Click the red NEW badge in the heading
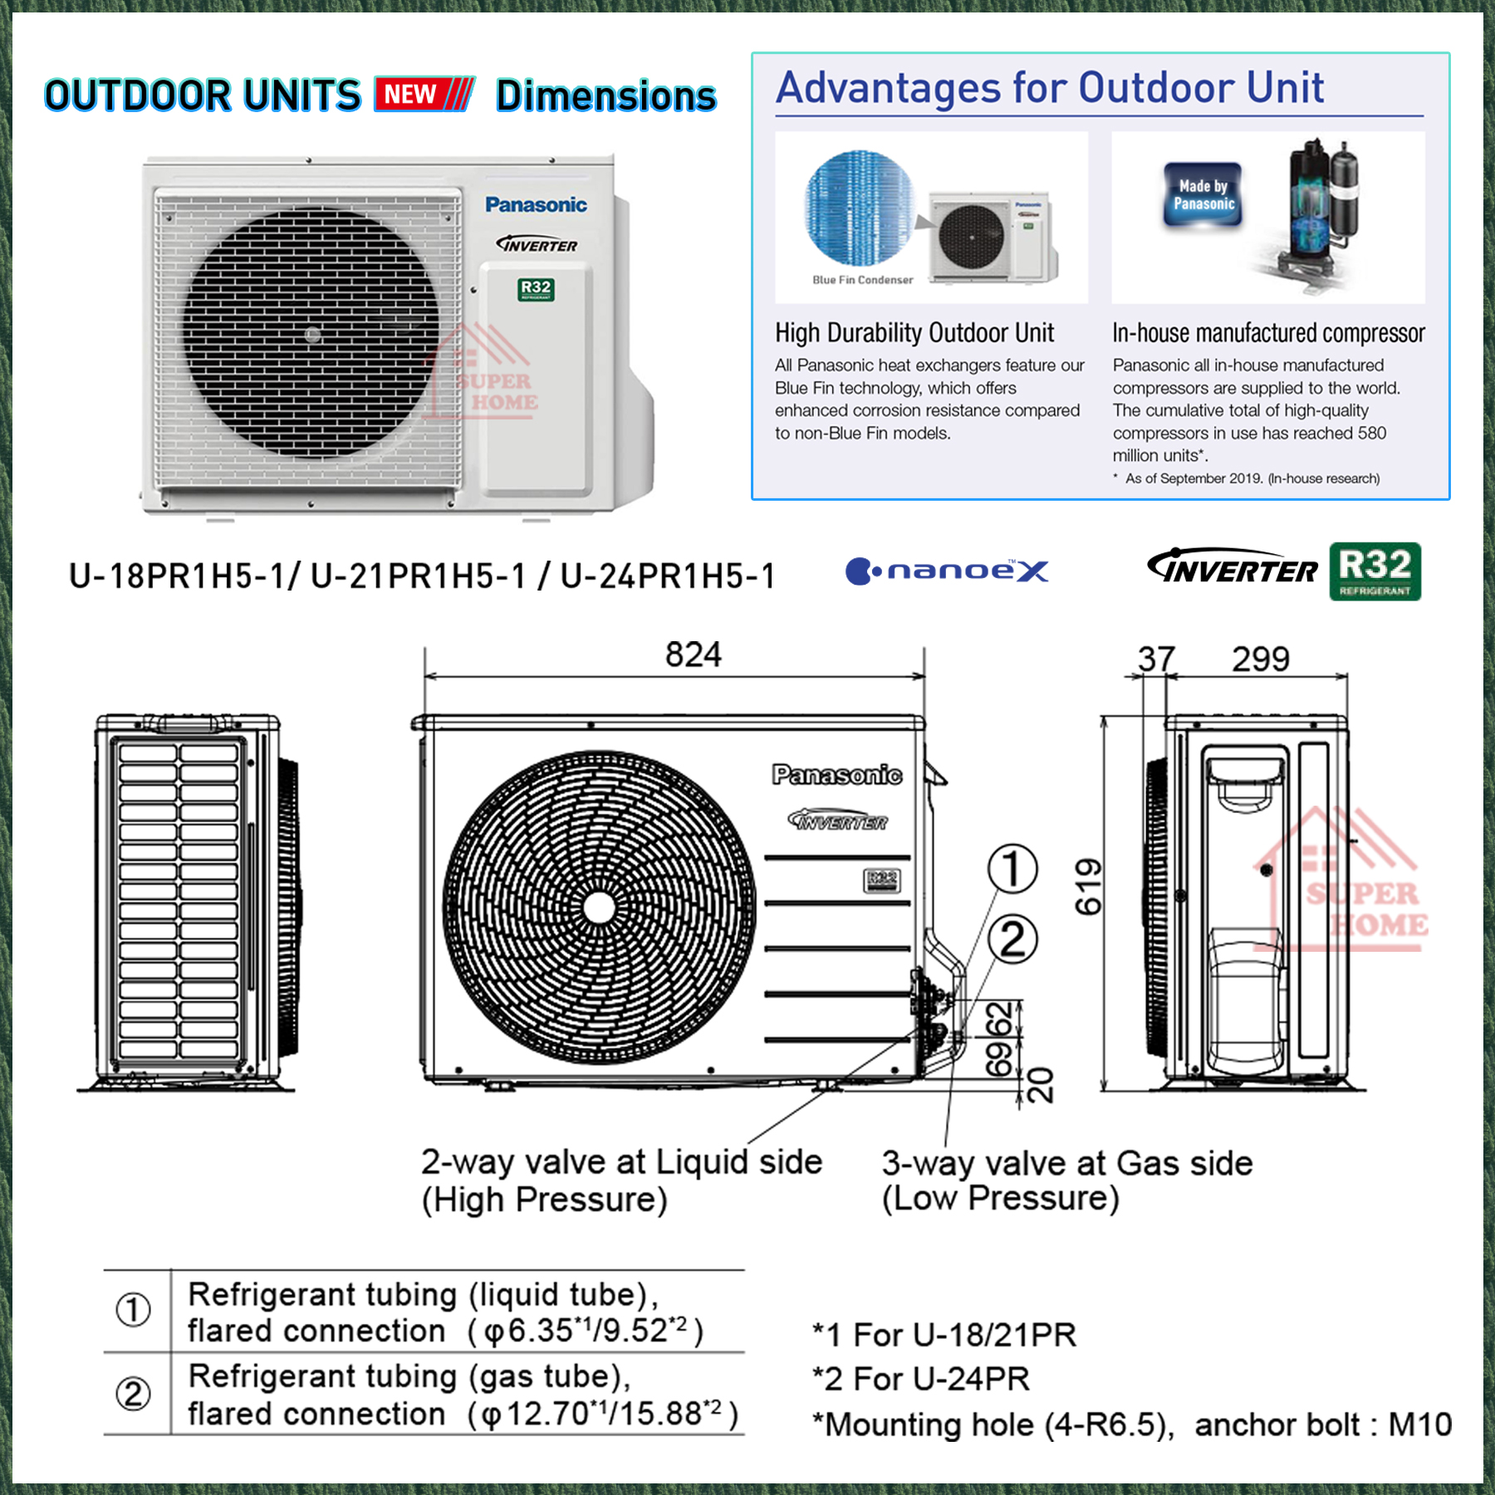click(x=424, y=94)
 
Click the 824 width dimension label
click(x=693, y=654)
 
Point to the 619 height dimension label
click(x=1088, y=886)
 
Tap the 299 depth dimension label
click(x=1260, y=659)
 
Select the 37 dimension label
click(x=1156, y=659)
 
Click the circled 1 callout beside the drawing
click(x=1012, y=869)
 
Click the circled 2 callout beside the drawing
click(x=1012, y=940)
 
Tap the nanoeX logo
click(x=947, y=571)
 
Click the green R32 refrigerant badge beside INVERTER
click(x=1375, y=571)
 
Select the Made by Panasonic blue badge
click(x=1203, y=195)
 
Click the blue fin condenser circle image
click(x=859, y=208)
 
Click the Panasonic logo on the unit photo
click(x=536, y=204)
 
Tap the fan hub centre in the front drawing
click(x=599, y=908)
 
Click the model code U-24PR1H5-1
click(x=667, y=576)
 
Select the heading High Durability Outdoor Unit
click(x=914, y=333)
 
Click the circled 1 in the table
click(x=133, y=1310)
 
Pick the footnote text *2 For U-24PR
click(x=920, y=1380)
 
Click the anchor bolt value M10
click(x=1419, y=1425)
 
